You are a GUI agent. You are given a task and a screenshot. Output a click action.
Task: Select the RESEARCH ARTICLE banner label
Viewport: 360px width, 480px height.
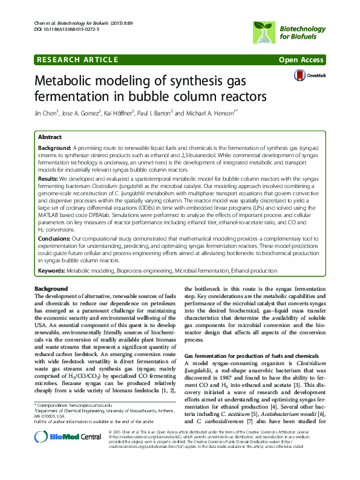pos(76,60)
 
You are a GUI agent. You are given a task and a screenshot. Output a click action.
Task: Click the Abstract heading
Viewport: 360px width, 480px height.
pos(49,138)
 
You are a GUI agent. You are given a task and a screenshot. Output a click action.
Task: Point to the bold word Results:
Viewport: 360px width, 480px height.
pos(49,180)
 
